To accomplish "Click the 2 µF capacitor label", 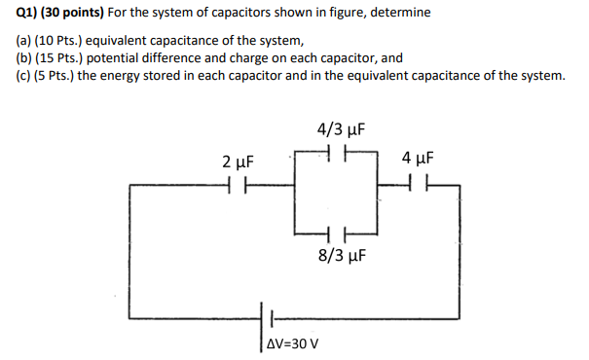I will tap(238, 161).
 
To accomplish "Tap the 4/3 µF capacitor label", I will tap(339, 129).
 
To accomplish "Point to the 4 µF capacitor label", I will tap(417, 158).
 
